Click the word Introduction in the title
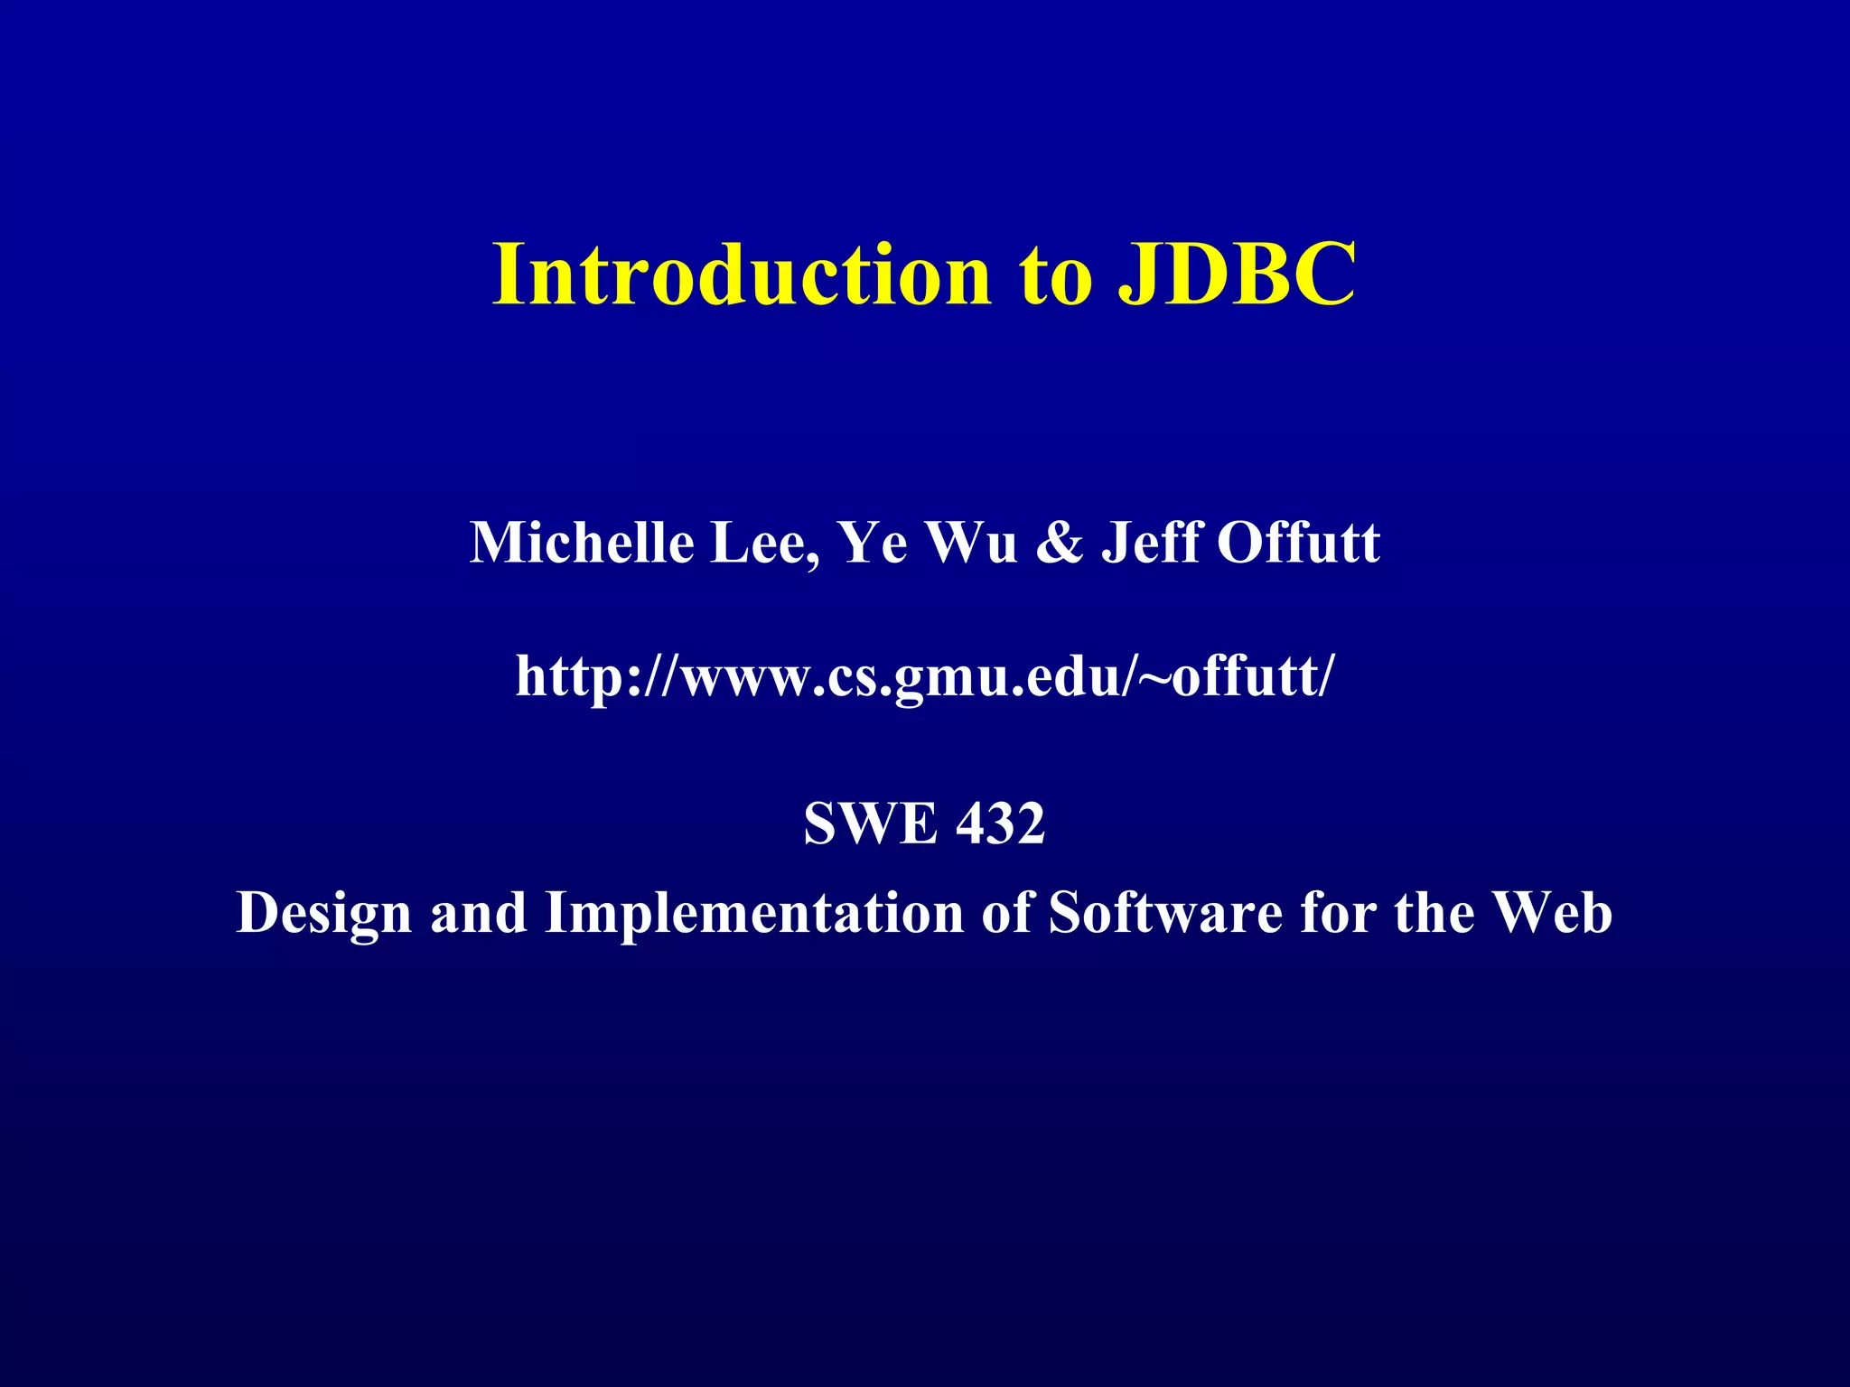[741, 275]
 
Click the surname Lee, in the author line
[764, 545]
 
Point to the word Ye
[873, 543]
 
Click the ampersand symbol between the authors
[1059, 543]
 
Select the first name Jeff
[1151, 543]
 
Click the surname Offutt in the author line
[1298, 543]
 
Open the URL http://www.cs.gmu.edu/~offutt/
[923, 676]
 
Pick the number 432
[1001, 824]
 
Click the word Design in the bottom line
[324, 914]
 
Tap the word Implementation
[755, 914]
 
